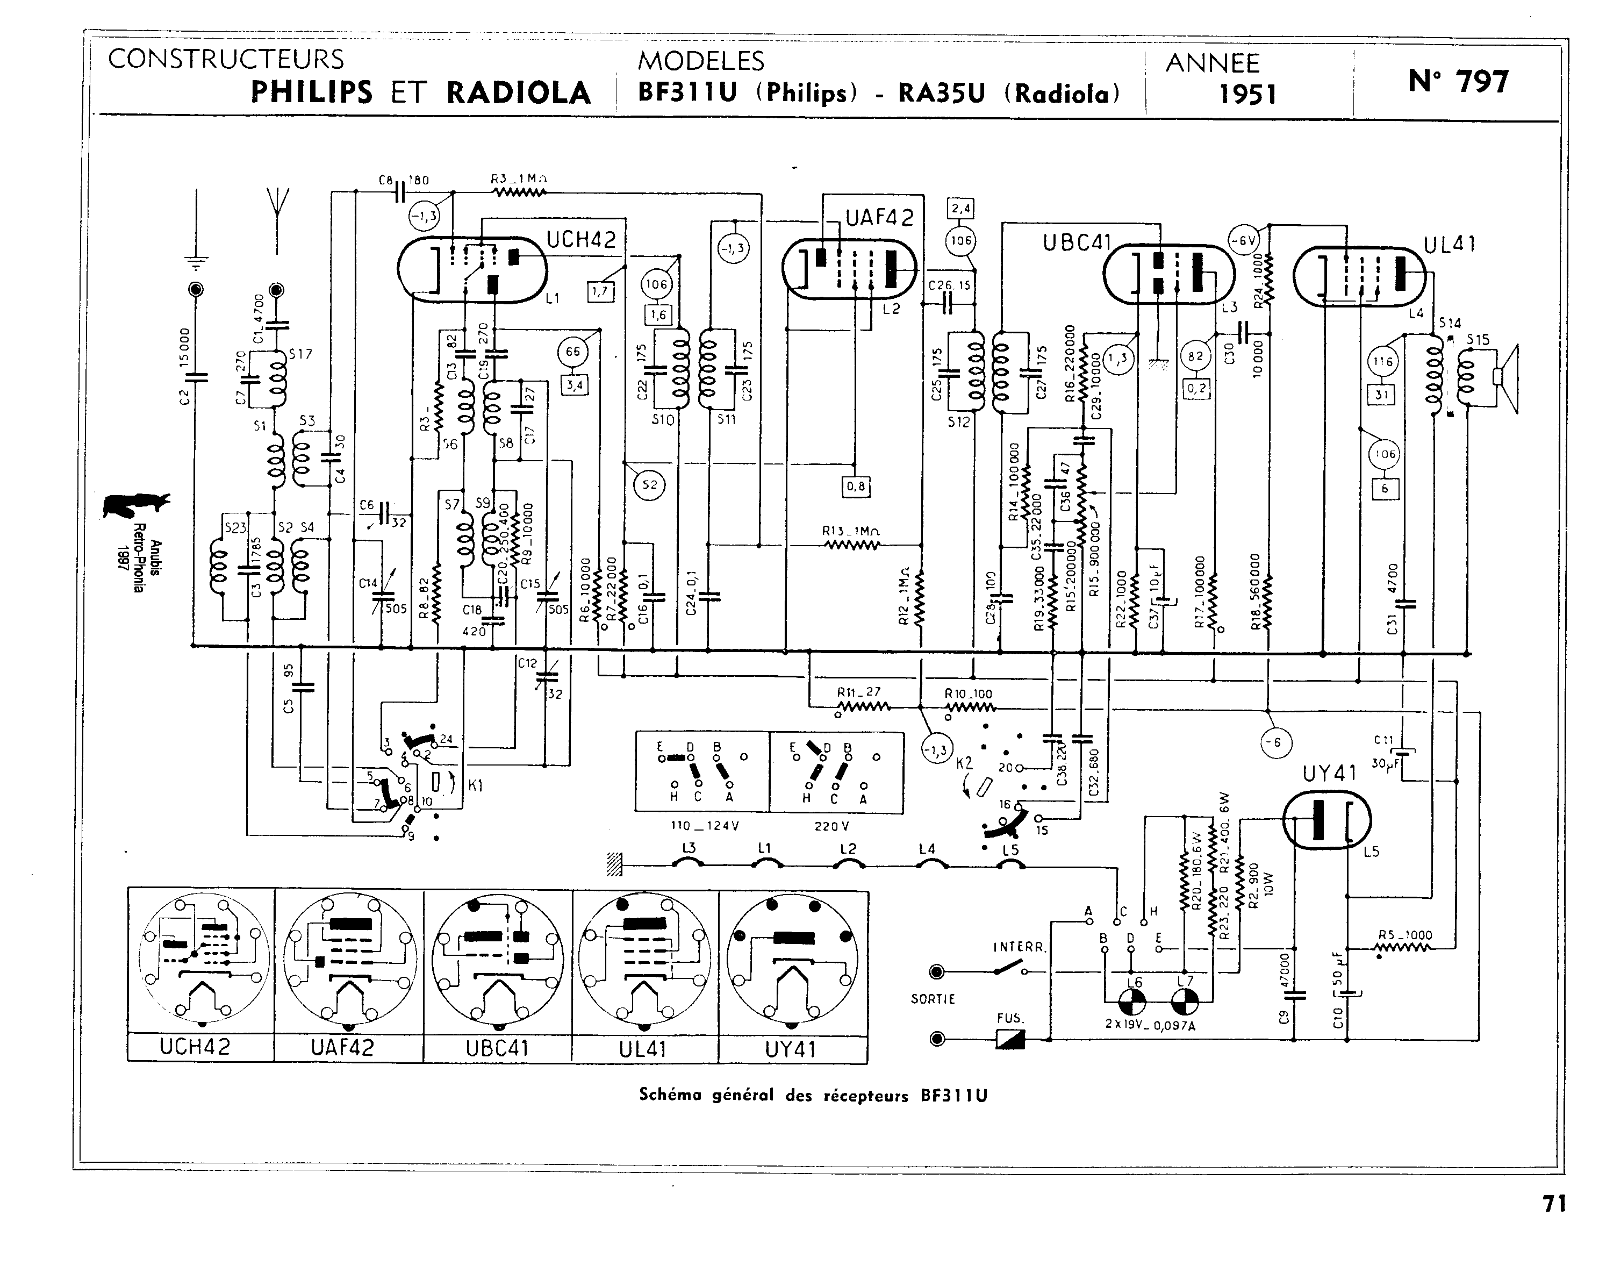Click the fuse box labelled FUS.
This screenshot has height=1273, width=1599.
click(1010, 1039)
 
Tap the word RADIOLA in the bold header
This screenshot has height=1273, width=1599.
click(519, 92)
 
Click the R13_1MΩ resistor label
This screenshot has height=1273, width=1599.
click(851, 531)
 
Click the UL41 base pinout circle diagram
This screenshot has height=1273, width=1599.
click(644, 961)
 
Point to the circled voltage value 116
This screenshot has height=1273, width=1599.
click(1383, 362)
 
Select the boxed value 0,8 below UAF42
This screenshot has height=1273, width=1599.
click(855, 487)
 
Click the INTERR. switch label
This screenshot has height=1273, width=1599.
click(1019, 947)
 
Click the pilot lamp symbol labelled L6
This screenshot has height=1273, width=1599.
click(1132, 1004)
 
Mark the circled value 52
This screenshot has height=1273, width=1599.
click(650, 485)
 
